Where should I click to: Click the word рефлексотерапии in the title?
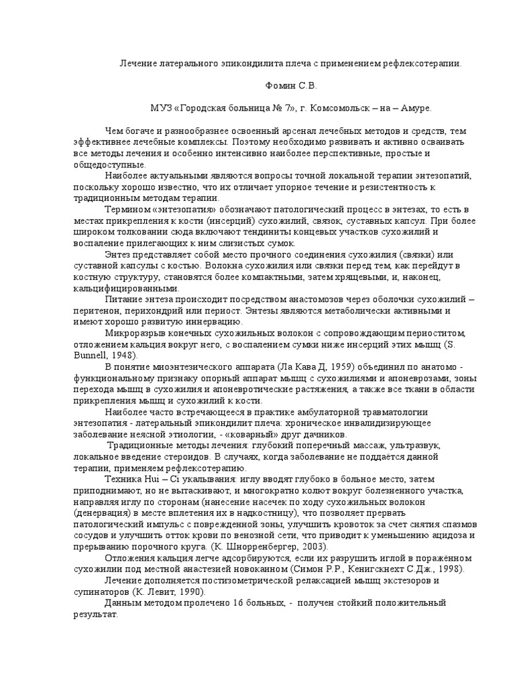click(x=424, y=65)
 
